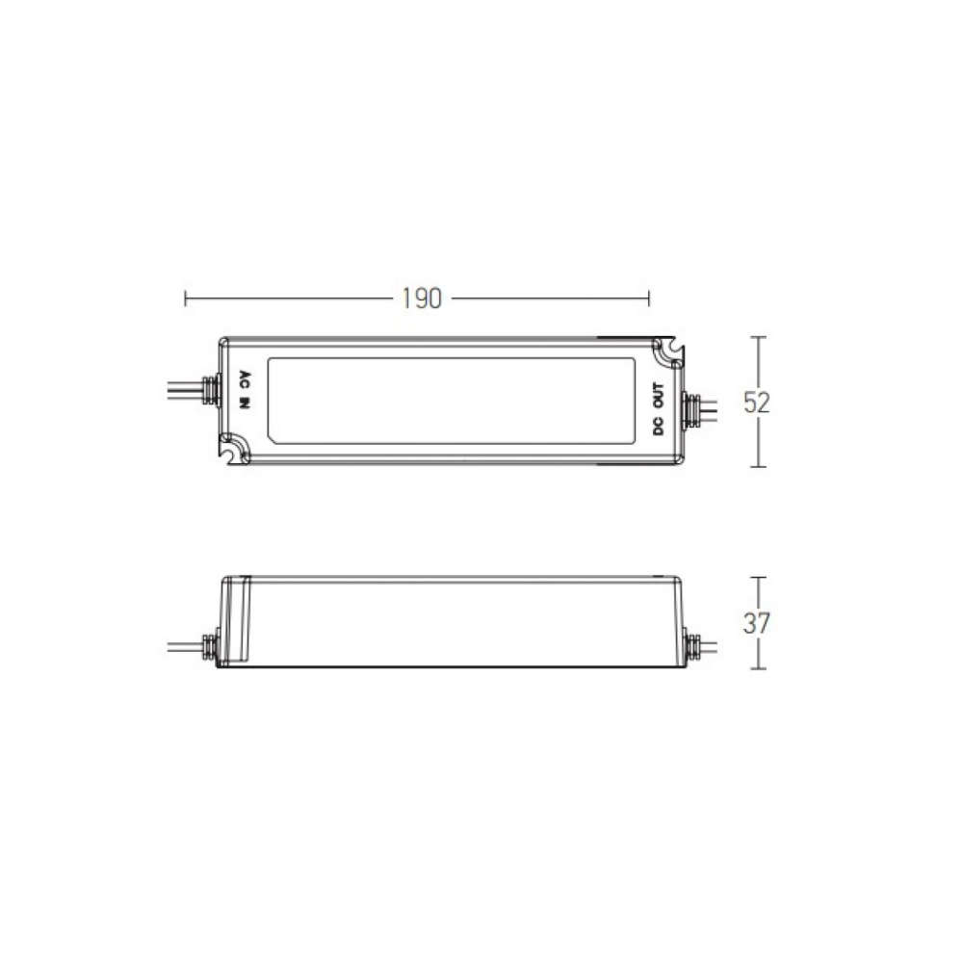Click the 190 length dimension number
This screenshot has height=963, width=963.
(422, 299)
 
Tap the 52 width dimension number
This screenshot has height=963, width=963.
(756, 403)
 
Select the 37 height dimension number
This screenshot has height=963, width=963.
(756, 623)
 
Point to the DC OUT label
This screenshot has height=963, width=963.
(659, 408)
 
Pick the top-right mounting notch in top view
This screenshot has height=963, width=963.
(667, 352)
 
